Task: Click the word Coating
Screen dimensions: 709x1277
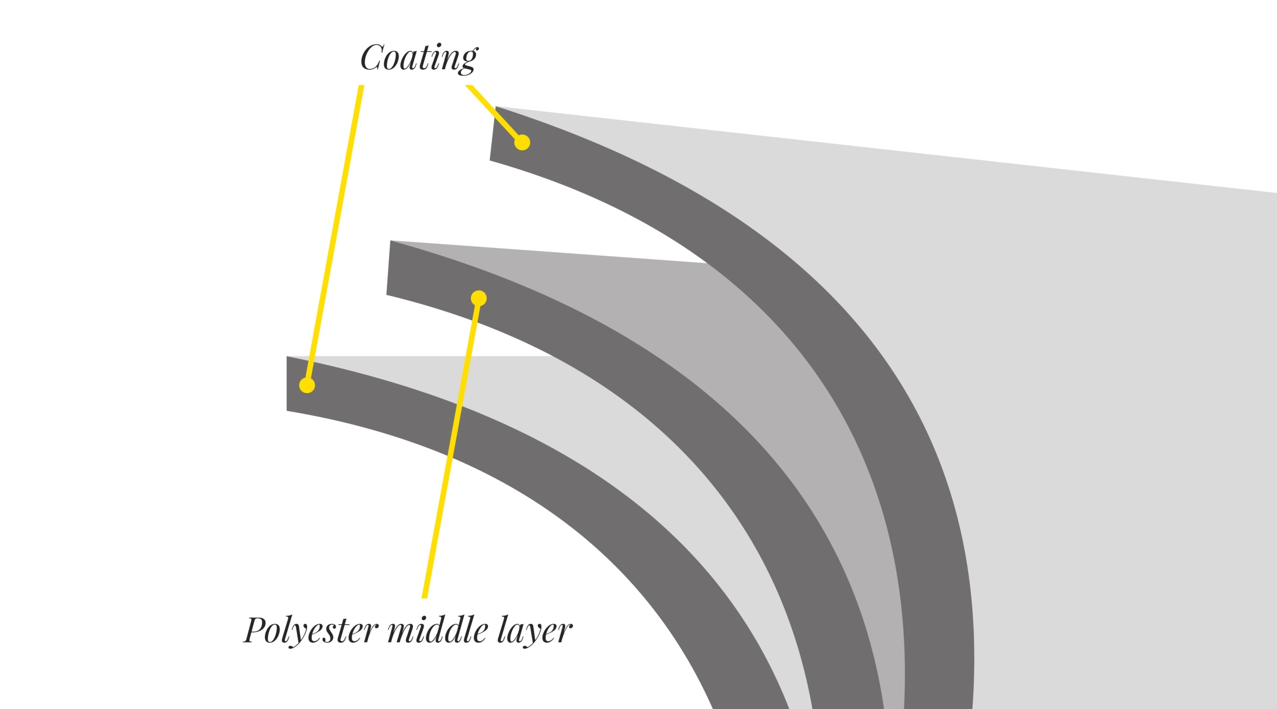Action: point(419,57)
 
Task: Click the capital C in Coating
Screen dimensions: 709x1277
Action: point(371,57)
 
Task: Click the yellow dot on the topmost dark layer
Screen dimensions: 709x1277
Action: point(522,143)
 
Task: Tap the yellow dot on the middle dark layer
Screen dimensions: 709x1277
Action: point(478,298)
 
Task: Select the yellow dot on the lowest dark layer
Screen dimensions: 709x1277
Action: point(307,386)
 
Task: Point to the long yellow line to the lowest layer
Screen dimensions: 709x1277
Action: point(334,235)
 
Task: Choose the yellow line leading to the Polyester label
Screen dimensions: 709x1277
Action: point(451,449)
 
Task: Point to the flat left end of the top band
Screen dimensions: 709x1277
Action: point(493,134)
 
